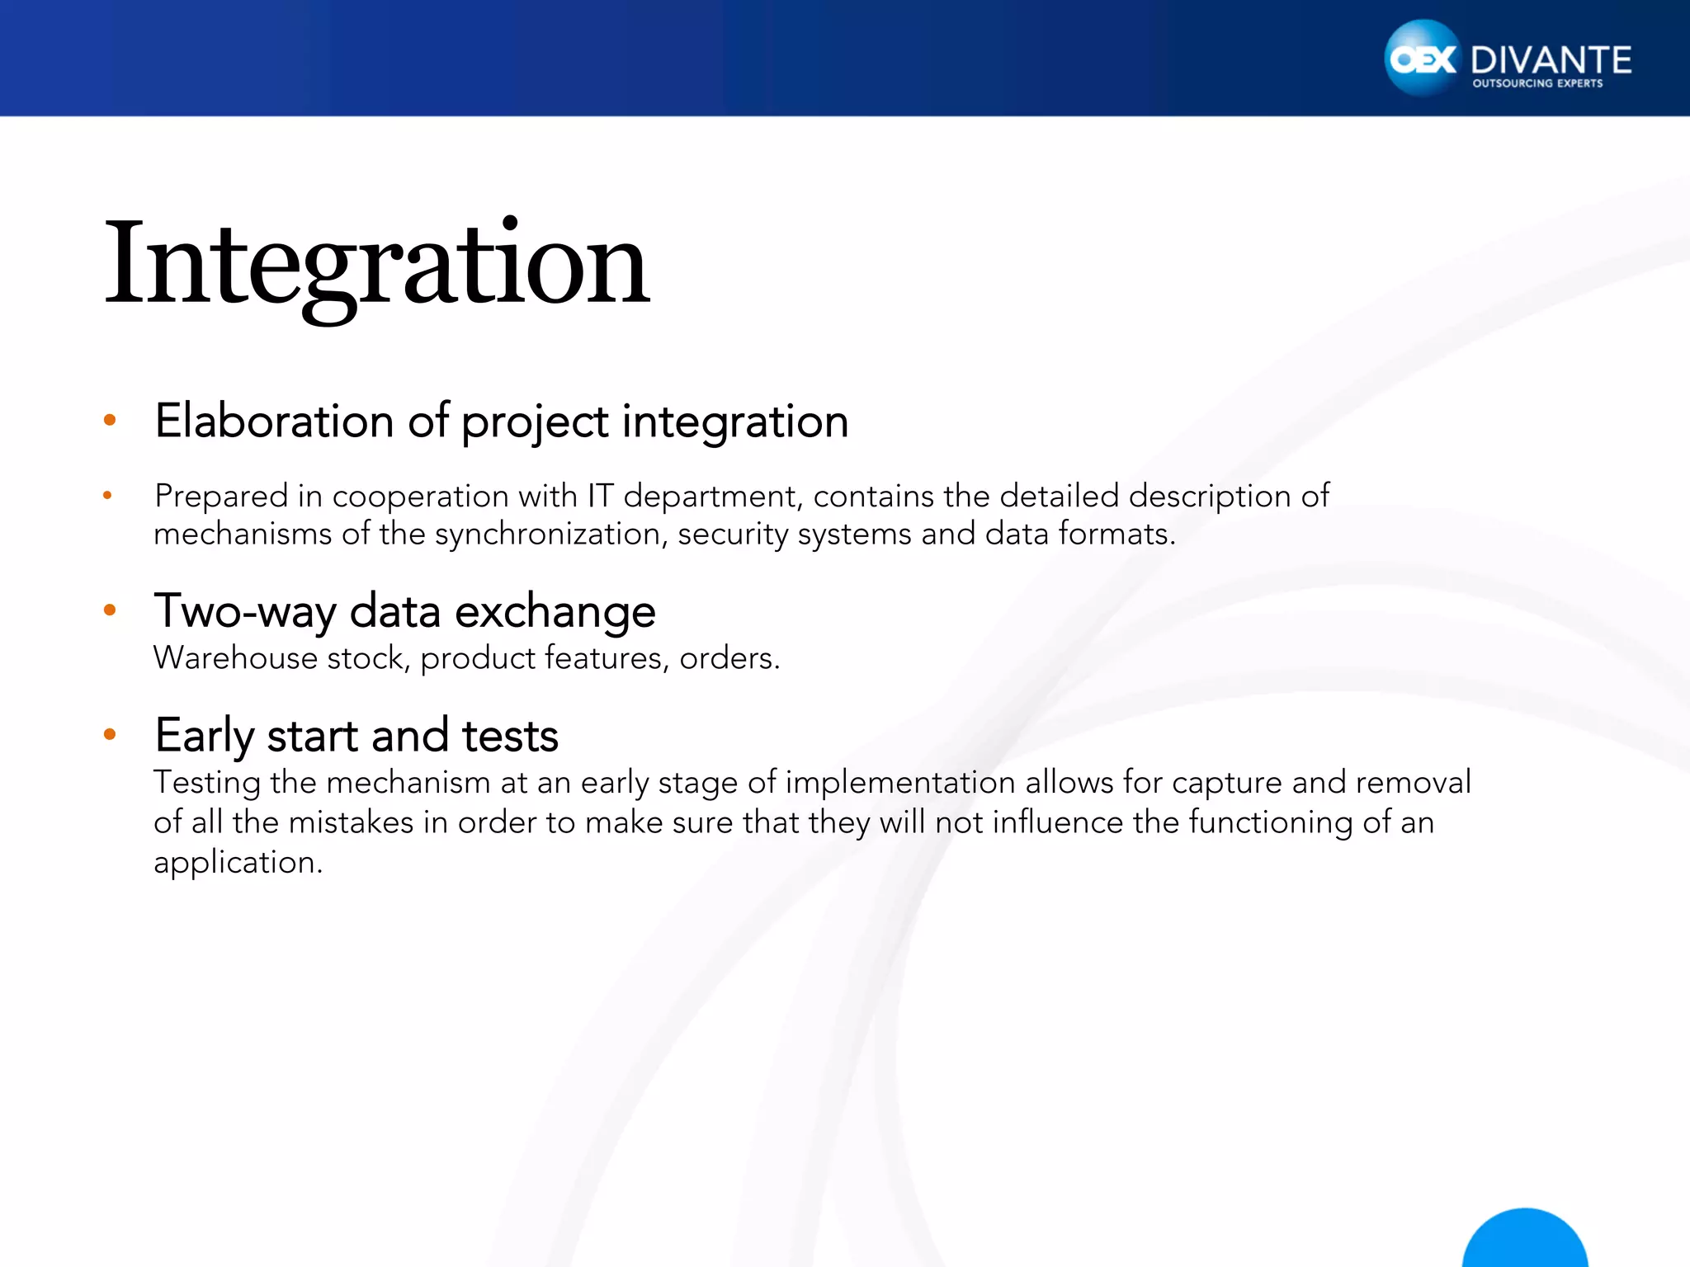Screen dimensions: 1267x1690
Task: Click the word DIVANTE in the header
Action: pyautogui.click(x=1551, y=60)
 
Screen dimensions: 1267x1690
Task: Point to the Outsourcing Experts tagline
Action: pyautogui.click(x=1537, y=83)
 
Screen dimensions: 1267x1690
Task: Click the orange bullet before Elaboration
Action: pyautogui.click(x=110, y=421)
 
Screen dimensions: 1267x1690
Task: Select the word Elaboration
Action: pyautogui.click(x=275, y=421)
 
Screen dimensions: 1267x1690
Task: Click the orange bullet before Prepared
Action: pyautogui.click(x=107, y=496)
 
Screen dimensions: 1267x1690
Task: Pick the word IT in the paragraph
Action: pyautogui.click(x=600, y=496)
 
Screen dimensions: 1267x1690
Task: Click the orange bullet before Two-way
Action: pyautogui.click(x=110, y=610)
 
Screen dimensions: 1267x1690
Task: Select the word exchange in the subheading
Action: pyautogui.click(x=555, y=612)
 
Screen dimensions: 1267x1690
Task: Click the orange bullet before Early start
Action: pyautogui.click(x=110, y=734)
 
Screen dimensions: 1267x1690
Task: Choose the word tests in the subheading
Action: pyautogui.click(x=509, y=736)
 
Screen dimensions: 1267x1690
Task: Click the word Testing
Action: pyautogui.click(x=206, y=783)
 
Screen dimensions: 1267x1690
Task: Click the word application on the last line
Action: pyautogui.click(x=237, y=863)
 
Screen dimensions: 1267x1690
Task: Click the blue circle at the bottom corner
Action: pyautogui.click(x=1524, y=1241)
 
